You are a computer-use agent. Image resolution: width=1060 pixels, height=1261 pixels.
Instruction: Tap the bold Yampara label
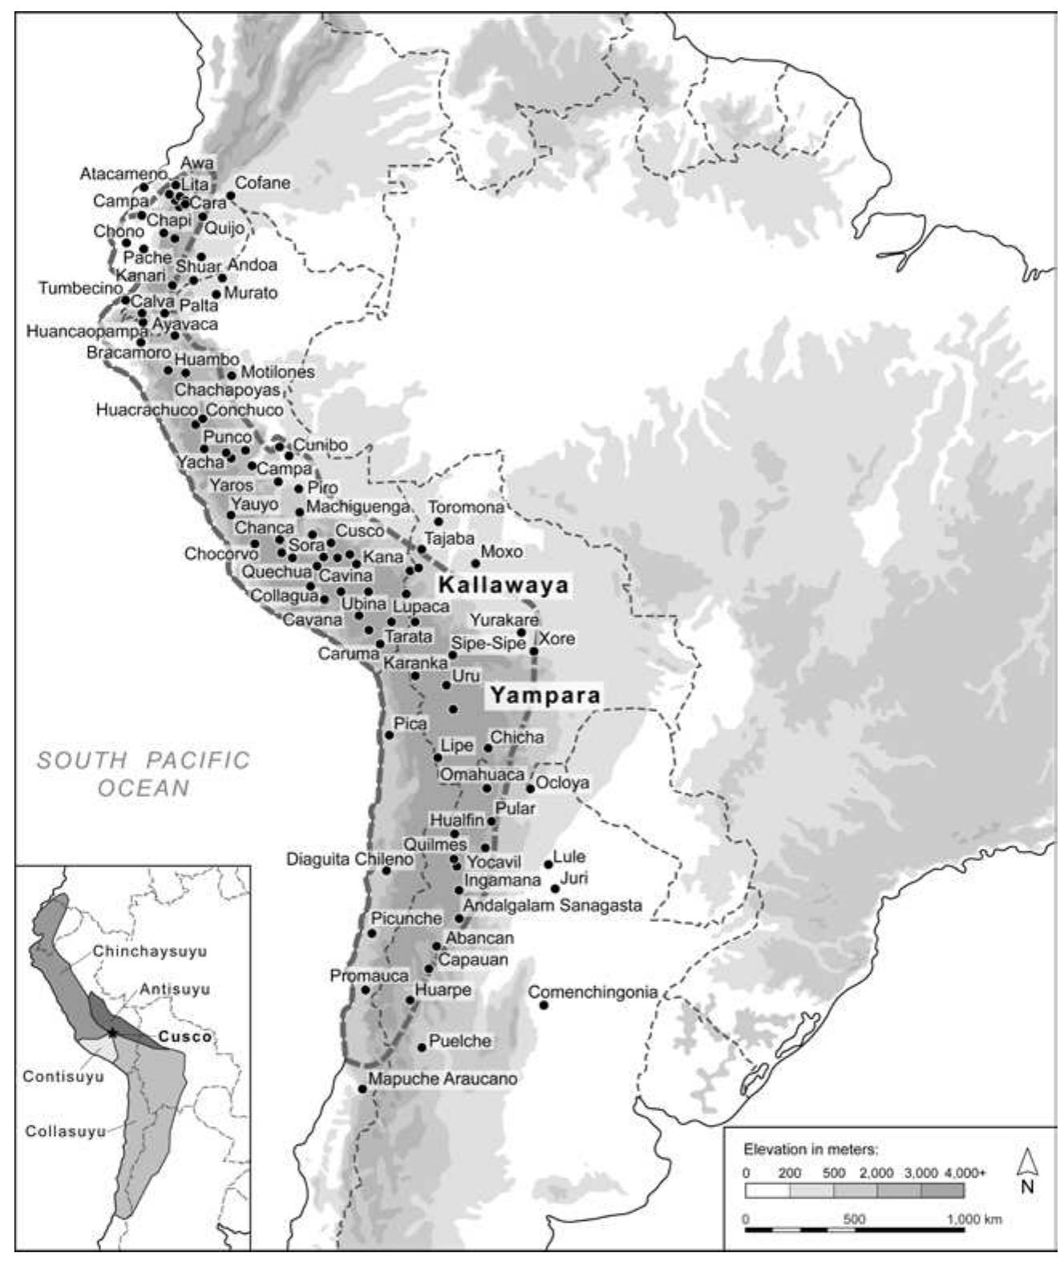pos(545,695)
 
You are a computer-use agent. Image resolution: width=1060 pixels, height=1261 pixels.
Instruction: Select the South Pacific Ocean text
pos(144,774)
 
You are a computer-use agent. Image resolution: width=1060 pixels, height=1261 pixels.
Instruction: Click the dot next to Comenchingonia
pos(544,1004)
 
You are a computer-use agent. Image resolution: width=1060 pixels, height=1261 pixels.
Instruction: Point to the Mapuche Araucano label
pos(443,1079)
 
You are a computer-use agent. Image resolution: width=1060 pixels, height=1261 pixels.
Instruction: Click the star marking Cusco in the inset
pos(113,1032)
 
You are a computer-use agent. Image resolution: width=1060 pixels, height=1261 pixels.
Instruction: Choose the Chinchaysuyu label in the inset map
pos(150,952)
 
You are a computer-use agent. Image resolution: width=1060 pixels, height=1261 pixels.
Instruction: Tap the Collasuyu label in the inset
pos(66,1131)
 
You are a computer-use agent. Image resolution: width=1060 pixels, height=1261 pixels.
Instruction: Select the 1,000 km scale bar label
pos(973,1219)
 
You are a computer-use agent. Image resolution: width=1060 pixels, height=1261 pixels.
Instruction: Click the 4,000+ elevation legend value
pos(965,1172)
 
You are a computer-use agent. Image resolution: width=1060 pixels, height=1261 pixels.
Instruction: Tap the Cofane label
pos(262,183)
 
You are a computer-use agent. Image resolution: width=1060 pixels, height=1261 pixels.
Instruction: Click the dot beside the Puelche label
pos(423,1047)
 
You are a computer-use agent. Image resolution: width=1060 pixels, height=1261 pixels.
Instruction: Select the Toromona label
pos(466,507)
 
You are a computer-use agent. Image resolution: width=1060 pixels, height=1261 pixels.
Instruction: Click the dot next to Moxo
pos(475,563)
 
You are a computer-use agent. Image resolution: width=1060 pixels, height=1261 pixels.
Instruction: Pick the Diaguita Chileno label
pos(350,859)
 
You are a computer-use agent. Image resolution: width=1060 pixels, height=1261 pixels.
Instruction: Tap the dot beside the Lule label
pos(548,863)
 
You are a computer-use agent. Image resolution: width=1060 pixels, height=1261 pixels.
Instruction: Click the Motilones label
pos(277,372)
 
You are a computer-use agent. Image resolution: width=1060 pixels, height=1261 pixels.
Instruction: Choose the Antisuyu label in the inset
pos(175,989)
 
